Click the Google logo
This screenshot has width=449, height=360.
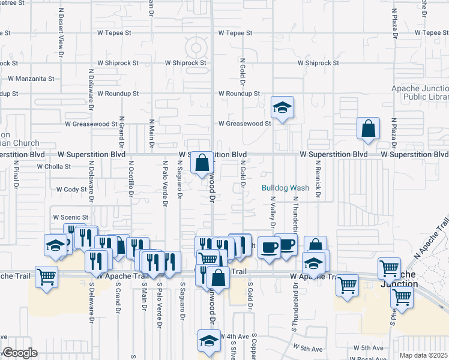tap(19, 353)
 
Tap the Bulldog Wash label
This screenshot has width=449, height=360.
tap(285, 188)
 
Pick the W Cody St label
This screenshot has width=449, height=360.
tap(71, 189)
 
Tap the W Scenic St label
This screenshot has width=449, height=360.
tap(71, 217)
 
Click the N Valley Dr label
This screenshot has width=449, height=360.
tap(272, 212)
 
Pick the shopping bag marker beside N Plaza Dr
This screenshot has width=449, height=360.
tap(368, 128)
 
